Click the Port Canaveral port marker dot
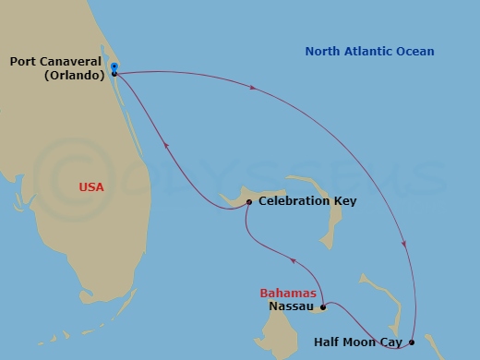[114, 74]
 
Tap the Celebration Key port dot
[249, 201]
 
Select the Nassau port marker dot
[322, 307]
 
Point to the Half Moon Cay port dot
[412, 342]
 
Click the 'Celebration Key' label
[307, 201]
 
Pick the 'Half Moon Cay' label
[359, 343]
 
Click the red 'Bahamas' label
[287, 294]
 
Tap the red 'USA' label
[90, 187]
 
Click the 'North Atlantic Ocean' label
[370, 52]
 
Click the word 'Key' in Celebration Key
[345, 201]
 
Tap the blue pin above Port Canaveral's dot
[114, 66]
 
